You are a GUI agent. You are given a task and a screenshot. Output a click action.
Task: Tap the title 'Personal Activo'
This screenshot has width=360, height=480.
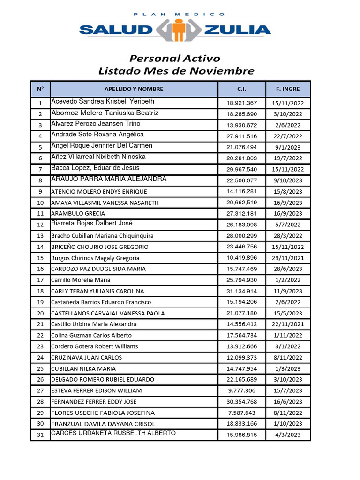coord(174,59)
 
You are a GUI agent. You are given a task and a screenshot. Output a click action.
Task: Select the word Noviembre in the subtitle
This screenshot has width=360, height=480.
coord(223,71)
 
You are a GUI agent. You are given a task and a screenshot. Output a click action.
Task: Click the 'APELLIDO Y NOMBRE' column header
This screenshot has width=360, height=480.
coord(134,89)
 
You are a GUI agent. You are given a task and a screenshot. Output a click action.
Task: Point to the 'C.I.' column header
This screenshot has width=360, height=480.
coord(241,89)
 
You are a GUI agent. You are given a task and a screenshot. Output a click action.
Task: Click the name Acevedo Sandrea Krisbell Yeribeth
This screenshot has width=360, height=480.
coord(103,102)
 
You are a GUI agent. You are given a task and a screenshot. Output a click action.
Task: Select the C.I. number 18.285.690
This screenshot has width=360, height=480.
coord(241,114)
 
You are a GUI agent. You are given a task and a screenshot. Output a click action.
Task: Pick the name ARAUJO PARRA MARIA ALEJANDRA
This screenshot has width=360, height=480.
coord(109,180)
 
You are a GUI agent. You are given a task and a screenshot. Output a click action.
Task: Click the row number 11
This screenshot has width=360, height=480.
coord(40,214)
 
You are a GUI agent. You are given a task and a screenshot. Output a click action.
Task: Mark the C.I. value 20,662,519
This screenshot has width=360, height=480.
coord(241,202)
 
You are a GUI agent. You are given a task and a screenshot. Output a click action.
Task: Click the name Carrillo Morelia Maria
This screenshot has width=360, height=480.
coord(81,280)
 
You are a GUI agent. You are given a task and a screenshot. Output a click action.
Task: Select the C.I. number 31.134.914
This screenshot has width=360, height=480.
coord(241,291)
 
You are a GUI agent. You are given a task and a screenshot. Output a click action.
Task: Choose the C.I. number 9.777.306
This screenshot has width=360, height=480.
coord(241,390)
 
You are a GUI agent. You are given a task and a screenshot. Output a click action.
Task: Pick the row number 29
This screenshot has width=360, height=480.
coord(40,413)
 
